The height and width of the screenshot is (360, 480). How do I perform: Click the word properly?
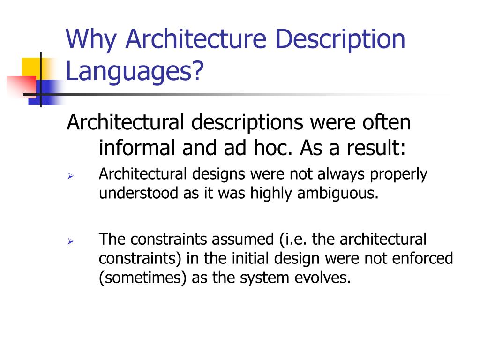click(x=398, y=175)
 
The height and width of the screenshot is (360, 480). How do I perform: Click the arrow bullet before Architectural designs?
click(x=70, y=177)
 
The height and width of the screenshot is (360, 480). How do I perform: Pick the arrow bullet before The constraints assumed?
click(x=70, y=242)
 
